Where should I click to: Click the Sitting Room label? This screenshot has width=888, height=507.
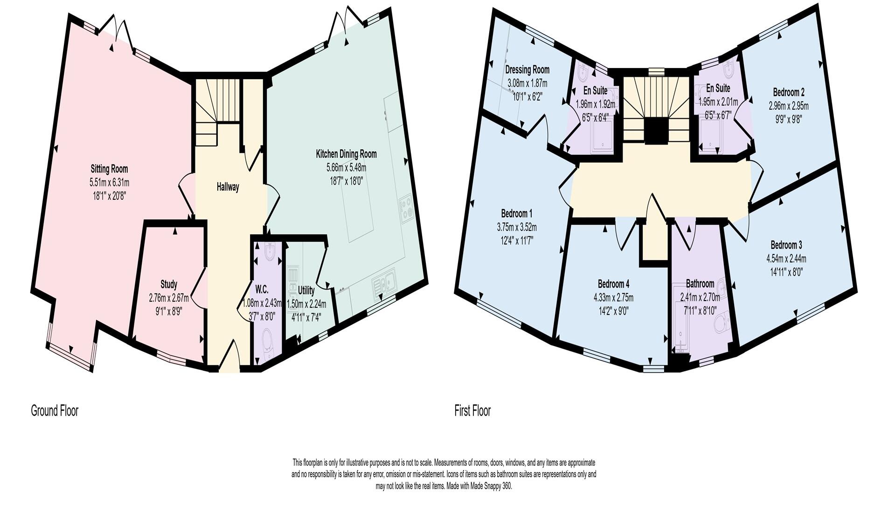pos(109,169)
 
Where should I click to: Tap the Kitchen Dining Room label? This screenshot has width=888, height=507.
pos(346,154)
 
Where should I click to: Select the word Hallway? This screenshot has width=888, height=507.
pos(228,187)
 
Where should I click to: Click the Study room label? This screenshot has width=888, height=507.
pos(168,284)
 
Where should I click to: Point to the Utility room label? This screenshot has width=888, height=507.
pos(306,290)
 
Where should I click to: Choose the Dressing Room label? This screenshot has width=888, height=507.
pos(527,70)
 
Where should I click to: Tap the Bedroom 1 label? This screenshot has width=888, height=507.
pos(516,214)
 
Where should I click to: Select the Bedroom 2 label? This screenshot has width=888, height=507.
pos(788,92)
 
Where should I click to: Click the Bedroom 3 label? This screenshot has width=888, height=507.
pos(786,245)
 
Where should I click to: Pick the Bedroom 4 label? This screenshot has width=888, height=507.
pos(613,284)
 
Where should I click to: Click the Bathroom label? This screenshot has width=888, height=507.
pos(700,284)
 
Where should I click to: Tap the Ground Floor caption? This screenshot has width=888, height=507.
pos(55,411)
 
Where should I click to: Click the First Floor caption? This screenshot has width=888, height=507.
pos(472,411)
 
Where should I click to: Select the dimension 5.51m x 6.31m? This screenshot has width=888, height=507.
pos(109,182)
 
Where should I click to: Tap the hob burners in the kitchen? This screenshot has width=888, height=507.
pos(407,208)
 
